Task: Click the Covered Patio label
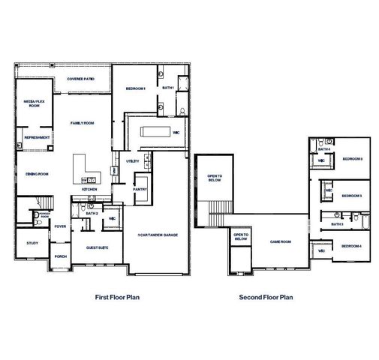80,78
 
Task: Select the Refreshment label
37,137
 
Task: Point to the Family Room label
83,122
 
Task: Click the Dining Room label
37,173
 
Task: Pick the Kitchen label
89,190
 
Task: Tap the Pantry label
140,190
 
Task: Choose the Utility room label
133,160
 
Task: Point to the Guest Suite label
97,246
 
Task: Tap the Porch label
61,256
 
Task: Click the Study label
32,242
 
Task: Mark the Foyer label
61,226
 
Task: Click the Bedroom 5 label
352,159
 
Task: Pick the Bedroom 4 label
351,246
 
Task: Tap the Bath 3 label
337,223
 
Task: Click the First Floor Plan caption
118,297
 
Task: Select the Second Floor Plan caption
266,297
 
